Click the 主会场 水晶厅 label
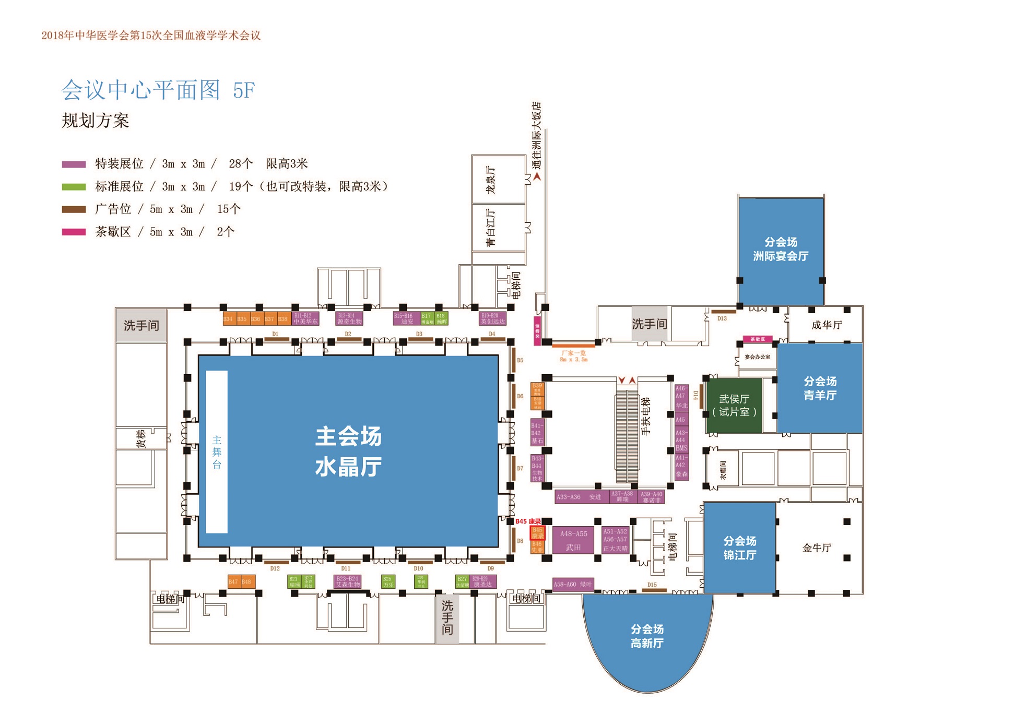(348, 451)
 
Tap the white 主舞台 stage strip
(217, 452)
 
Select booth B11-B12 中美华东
(305, 318)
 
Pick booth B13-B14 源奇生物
(349, 318)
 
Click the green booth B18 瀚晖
(442, 318)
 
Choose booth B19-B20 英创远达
(492, 318)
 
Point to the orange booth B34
(228, 318)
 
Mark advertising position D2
(348, 339)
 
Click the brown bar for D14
(701, 395)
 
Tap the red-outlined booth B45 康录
(537, 533)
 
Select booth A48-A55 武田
(573, 540)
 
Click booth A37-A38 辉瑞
(622, 496)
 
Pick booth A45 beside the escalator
(681, 420)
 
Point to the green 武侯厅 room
(734, 406)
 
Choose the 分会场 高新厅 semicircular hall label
(647, 636)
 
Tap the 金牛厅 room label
(817, 548)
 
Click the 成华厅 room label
(827, 325)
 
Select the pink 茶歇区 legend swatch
(74, 232)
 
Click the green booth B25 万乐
(387, 581)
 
